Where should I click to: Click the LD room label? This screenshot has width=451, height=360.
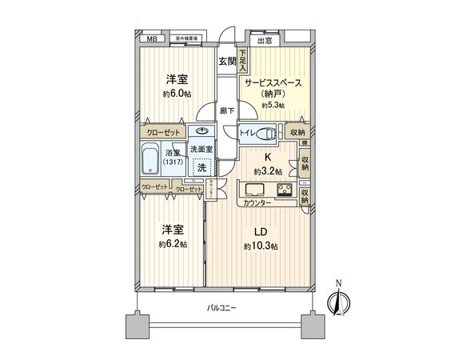coord(261,232)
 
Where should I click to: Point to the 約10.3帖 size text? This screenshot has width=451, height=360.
coord(261,246)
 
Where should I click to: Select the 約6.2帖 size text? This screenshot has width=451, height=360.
coord(172,243)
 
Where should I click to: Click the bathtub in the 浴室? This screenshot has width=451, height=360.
coord(150,161)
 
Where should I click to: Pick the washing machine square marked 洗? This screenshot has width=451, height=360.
coord(203,167)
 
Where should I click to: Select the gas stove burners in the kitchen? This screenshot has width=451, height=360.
coord(283,190)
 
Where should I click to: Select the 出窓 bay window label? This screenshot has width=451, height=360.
coord(264,40)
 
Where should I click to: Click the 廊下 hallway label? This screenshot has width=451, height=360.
coord(226,112)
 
